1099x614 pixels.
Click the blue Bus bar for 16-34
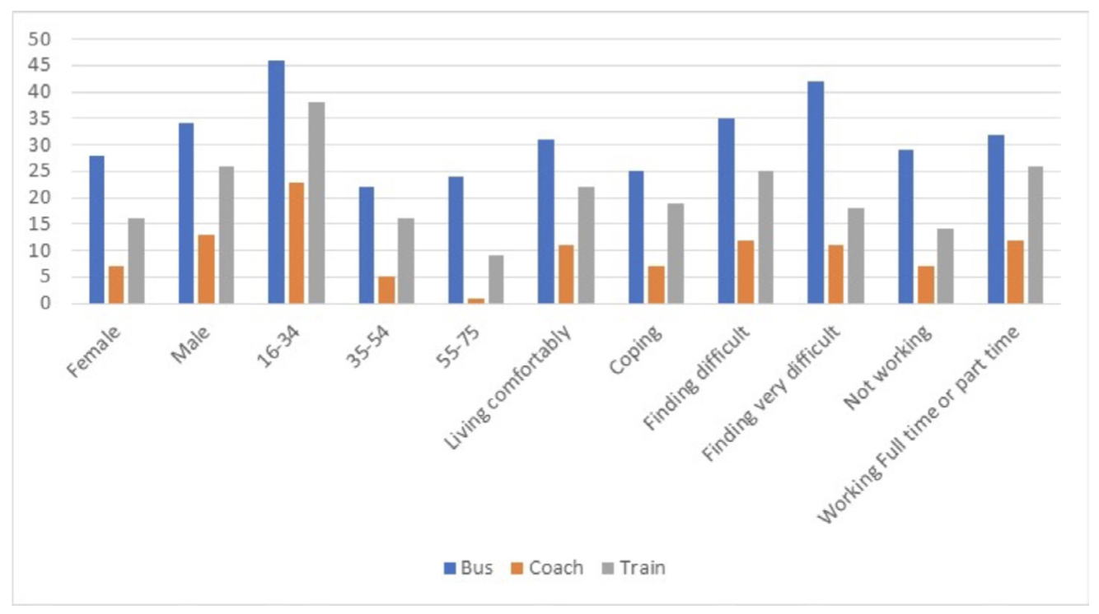(276, 182)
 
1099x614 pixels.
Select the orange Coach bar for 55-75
(475, 300)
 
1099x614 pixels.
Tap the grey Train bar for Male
(226, 235)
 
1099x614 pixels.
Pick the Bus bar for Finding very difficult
(816, 193)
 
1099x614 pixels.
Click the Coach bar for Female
(116, 285)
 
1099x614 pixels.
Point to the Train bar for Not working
(945, 267)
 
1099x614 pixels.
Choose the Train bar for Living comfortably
(585, 245)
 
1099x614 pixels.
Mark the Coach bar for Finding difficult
(745, 272)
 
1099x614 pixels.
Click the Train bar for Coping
(676, 254)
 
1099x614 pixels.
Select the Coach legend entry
(549, 568)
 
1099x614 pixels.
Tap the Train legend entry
(636, 568)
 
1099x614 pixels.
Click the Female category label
(96, 351)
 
